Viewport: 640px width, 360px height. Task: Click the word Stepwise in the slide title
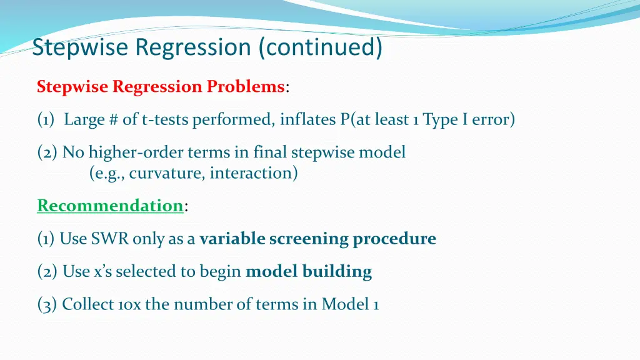[x=80, y=47]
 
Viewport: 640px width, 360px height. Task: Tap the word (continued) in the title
[x=321, y=47]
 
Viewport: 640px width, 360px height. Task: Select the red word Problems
[x=245, y=87]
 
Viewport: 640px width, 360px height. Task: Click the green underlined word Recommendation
[x=110, y=205]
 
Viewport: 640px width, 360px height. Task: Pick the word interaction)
[x=254, y=172]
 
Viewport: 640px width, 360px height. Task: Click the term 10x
[x=129, y=305]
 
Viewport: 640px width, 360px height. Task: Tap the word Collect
[x=87, y=304]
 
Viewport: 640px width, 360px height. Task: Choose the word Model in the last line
[x=345, y=304]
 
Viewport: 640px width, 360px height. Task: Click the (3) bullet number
[x=47, y=305]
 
